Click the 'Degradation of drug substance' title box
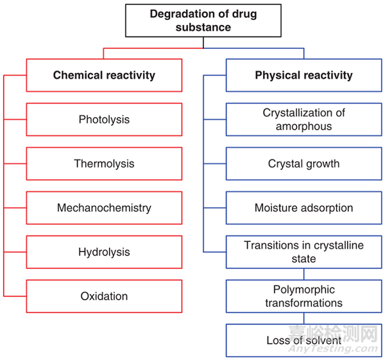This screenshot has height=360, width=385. coord(203,20)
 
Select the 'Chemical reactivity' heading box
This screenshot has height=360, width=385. coord(104,75)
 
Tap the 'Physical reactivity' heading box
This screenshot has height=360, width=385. coord(304,75)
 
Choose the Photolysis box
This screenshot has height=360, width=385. coord(104,119)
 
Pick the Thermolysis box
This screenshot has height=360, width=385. coord(104,164)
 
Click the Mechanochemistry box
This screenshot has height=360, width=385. coord(104,208)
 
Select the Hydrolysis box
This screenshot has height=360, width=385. coord(104,252)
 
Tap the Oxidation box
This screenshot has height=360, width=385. coord(104,296)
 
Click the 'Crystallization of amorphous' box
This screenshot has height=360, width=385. coord(304,119)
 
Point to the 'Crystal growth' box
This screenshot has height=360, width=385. coord(304,164)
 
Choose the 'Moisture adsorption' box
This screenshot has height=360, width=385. coord(304,208)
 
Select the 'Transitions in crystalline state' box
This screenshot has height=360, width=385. coord(304,252)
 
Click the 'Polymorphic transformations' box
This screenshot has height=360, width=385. coord(304,296)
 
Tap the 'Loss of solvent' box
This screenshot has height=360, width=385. coord(304,340)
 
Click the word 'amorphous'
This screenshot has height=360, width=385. coord(304,126)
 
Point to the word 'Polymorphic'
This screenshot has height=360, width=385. coord(304,290)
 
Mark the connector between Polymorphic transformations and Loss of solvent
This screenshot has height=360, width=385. coord(304,318)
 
